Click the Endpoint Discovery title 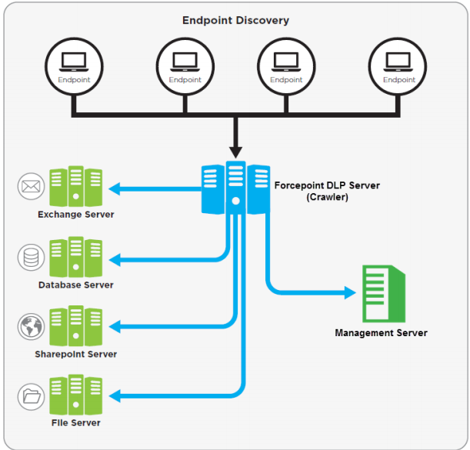pyautogui.click(x=235, y=20)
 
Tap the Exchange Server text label pyautogui.click(x=76, y=215)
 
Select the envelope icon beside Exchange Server pyautogui.click(x=32, y=186)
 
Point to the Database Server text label pyautogui.click(x=76, y=285)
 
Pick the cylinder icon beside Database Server pyautogui.click(x=32, y=257)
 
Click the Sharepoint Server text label pyautogui.click(x=76, y=354)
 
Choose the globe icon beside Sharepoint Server pyautogui.click(x=32, y=326)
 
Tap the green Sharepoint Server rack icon pyautogui.click(x=76, y=326)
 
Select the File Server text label pyautogui.click(x=75, y=422)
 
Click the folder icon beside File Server pyautogui.click(x=32, y=396)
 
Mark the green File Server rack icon pyautogui.click(x=76, y=395)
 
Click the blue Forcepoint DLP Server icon pyautogui.click(x=235, y=188)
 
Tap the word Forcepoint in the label pyautogui.click(x=300, y=185)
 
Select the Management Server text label pyautogui.click(x=381, y=333)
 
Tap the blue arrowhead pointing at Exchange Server pyautogui.click(x=114, y=188)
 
